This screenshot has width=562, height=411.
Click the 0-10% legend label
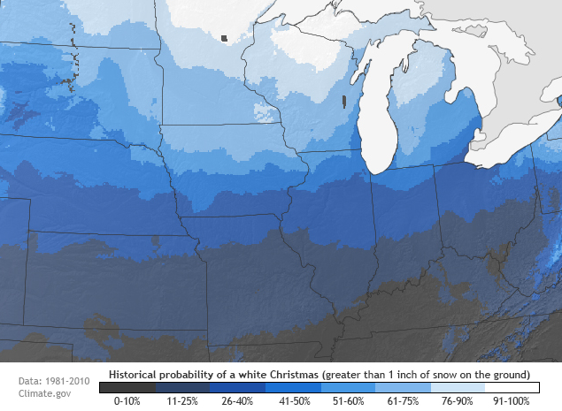tap(127, 400)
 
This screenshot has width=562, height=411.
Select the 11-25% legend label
tap(182, 400)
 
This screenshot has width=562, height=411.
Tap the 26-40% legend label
tap(237, 400)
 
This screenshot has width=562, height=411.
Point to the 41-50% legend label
tap(292, 400)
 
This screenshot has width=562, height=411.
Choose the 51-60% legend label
tap(347, 400)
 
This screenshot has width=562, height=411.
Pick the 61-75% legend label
tap(402, 400)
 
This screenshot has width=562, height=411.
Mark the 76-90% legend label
tap(457, 400)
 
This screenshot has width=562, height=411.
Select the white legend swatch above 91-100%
tap(512, 387)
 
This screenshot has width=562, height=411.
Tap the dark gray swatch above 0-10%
tap(127, 387)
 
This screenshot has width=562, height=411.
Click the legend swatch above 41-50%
tap(292, 387)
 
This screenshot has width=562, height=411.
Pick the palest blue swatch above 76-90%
tap(458, 387)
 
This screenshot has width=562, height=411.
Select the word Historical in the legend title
tap(138, 374)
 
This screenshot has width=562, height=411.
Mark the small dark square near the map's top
tap(225, 38)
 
